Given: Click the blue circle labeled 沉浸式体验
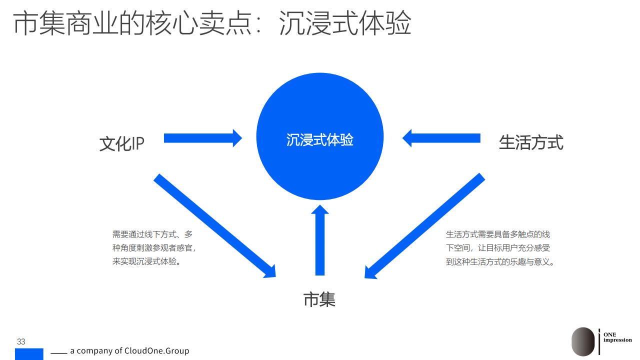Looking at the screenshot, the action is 319,136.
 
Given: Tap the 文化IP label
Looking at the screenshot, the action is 121,143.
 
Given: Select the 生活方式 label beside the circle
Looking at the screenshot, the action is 531,142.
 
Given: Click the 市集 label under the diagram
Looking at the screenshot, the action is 319,299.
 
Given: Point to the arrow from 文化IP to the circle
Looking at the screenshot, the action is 203,138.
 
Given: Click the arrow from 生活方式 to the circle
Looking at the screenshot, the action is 441,138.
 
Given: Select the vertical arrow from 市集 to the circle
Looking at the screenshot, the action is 319,240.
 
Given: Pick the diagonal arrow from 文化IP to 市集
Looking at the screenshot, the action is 215,225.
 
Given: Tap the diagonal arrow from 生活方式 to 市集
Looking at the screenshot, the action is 425,225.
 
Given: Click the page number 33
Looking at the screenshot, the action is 21,341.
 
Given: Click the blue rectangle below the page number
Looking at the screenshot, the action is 29,354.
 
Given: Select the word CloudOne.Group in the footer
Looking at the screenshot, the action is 156,350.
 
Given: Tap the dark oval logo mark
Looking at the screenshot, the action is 583,341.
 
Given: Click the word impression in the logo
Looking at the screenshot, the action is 617,340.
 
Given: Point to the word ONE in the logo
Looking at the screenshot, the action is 609,334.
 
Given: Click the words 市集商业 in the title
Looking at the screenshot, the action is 65,23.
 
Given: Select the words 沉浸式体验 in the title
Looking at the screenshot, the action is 345,23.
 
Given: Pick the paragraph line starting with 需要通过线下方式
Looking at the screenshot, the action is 152,234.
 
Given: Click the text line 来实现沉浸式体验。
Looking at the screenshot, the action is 146,261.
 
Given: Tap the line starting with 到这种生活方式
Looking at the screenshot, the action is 500,261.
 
